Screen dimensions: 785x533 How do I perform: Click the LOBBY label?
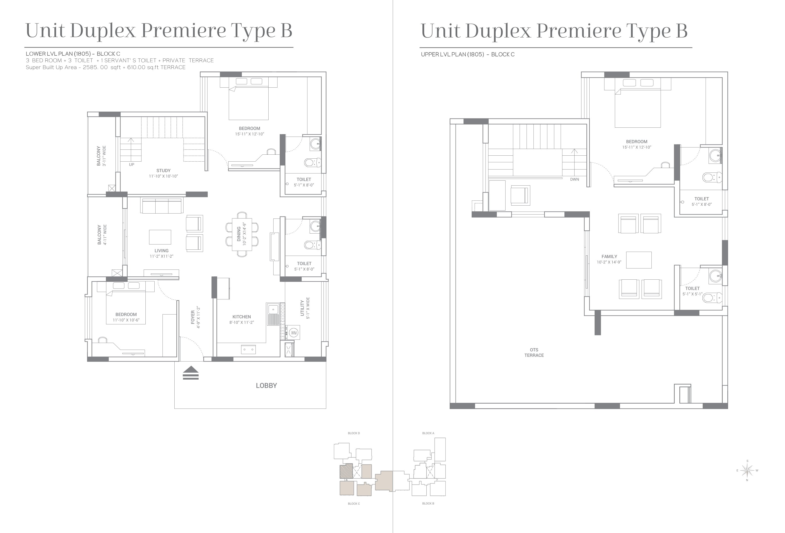266,386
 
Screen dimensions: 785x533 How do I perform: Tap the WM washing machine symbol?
294,333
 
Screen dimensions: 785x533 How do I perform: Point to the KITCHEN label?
242,317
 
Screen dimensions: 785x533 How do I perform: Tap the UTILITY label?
302,308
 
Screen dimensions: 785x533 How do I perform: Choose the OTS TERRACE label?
534,353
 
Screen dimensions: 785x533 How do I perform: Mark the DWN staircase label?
575,179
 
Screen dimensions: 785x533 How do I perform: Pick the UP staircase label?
131,165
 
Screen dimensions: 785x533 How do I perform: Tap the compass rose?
747,470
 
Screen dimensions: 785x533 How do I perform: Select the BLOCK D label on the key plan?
354,433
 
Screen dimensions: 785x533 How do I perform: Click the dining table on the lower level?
242,234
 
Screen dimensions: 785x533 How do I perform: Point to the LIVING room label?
162,251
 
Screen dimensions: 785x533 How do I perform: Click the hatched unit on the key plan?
346,471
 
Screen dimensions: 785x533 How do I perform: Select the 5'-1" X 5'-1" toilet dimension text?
693,294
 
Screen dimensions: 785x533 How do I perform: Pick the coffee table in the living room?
160,237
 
